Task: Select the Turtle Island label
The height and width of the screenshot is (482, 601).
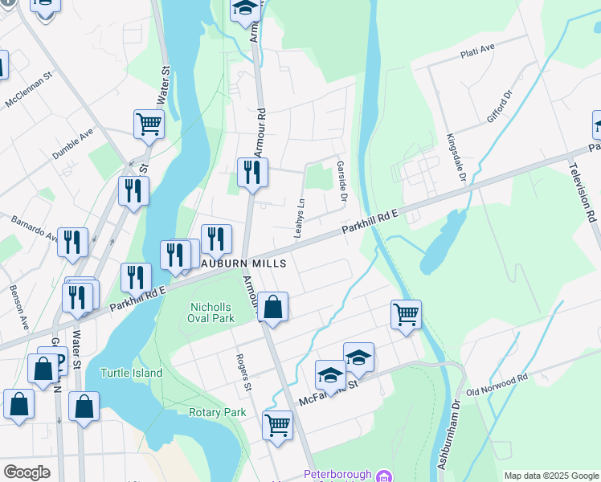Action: (x=132, y=373)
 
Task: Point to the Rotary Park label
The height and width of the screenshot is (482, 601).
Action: (x=217, y=412)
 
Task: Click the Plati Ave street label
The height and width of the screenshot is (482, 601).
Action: (x=477, y=52)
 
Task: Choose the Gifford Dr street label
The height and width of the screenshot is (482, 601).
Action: (x=499, y=108)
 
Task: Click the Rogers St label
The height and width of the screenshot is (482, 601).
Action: (x=242, y=372)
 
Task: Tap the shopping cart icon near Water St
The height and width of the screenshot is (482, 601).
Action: (x=149, y=124)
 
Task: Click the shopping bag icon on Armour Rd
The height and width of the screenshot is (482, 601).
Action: (x=273, y=306)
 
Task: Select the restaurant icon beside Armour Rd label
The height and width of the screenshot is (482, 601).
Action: (x=252, y=171)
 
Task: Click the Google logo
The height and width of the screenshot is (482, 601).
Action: (x=27, y=472)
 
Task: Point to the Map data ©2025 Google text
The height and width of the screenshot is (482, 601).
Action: (x=550, y=476)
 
